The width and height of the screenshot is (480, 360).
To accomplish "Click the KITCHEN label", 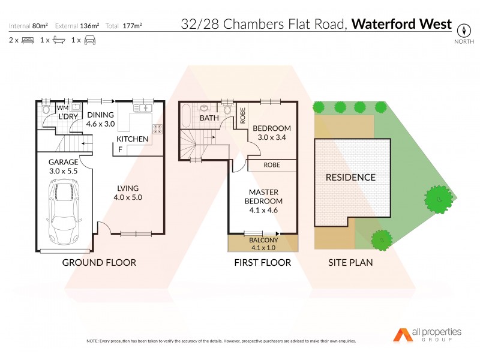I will [x=132, y=139].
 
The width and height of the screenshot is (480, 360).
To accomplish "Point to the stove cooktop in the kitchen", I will [x=158, y=131].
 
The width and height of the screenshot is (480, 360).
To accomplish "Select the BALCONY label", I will [x=262, y=240].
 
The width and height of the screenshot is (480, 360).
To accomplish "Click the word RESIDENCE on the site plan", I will [x=350, y=177].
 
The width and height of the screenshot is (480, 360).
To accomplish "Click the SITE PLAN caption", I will [x=350, y=262].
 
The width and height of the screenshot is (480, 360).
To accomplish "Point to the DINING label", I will [x=100, y=115].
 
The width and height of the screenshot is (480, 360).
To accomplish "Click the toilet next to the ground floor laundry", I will [x=46, y=109].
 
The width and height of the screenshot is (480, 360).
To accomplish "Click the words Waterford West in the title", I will [x=401, y=25].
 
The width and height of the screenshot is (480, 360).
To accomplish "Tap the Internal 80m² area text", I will [x=29, y=26].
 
